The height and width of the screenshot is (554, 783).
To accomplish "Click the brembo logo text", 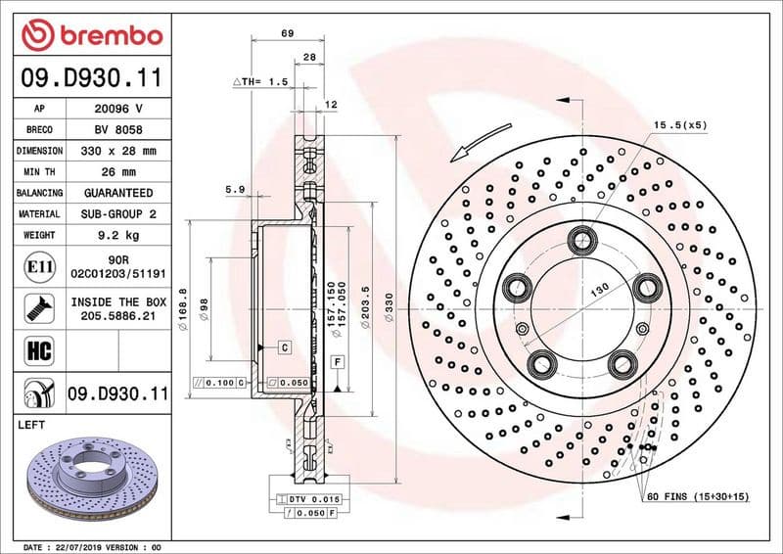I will coord(106,35).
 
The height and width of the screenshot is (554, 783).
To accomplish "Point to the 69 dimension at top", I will coord(288,34).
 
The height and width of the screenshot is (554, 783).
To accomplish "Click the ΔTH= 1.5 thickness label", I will coord(259,82).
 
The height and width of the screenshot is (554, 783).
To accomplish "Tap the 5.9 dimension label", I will coord(234,189).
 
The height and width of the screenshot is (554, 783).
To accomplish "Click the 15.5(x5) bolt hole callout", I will coord(679,125).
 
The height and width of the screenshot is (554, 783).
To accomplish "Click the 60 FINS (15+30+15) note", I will coord(697,497).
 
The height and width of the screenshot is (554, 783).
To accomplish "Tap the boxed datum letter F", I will coord(338,362).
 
